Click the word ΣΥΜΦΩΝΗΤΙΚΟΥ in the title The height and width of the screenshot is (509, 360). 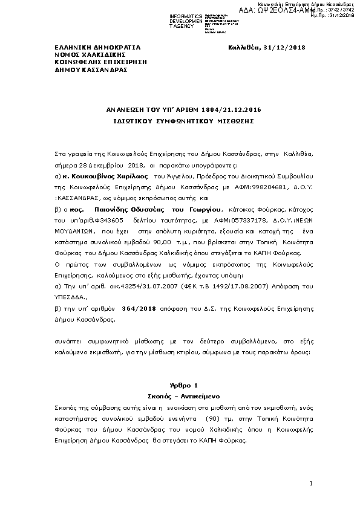tap(179, 120)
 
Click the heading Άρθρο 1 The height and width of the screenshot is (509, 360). tap(180, 384)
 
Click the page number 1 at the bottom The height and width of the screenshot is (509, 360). tap(310, 483)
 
